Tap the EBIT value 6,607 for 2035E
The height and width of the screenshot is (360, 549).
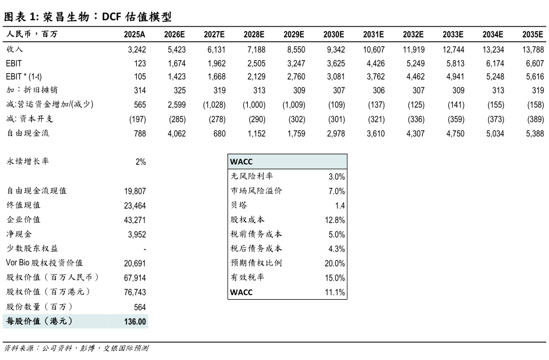tap(533, 63)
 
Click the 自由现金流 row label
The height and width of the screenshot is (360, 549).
tap(27, 133)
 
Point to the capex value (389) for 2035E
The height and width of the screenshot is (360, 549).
tap(533, 119)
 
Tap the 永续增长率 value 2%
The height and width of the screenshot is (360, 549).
tap(140, 162)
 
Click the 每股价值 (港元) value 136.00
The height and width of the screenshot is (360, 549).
tap(135, 322)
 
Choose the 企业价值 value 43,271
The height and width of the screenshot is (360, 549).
tap(135, 220)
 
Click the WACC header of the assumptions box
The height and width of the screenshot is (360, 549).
tap(241, 162)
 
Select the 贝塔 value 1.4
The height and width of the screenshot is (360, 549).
tap(340, 206)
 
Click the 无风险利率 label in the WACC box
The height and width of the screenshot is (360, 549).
tap(252, 176)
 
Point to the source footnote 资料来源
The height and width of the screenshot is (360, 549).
tap(77, 348)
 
